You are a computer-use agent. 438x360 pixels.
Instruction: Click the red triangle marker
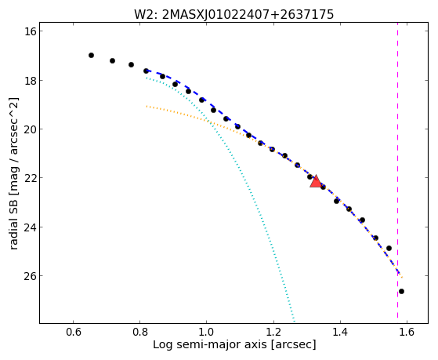[316, 181]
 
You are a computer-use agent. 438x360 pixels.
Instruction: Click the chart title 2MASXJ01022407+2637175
[248, 15]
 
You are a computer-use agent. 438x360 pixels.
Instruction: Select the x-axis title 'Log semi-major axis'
[209, 344]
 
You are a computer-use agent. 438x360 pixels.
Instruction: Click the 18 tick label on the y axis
[30, 80]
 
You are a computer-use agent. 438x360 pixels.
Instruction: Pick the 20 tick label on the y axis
[30, 129]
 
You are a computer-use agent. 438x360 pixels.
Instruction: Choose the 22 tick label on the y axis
[30, 178]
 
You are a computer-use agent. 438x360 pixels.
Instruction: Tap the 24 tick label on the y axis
[30, 227]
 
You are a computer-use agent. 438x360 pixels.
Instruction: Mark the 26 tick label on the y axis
[30, 276]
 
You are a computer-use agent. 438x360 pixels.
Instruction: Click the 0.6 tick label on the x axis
[73, 332]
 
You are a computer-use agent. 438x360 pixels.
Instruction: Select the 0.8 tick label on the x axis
[140, 332]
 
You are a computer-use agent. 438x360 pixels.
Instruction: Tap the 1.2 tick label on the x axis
[273, 332]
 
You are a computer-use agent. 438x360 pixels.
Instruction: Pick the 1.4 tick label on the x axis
[340, 332]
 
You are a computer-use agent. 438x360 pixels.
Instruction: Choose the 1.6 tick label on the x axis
[407, 332]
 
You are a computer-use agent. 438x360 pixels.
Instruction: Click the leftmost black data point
[91, 56]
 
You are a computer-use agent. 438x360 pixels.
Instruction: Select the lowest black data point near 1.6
[401, 292]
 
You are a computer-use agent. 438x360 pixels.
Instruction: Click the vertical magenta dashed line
[397, 173]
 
